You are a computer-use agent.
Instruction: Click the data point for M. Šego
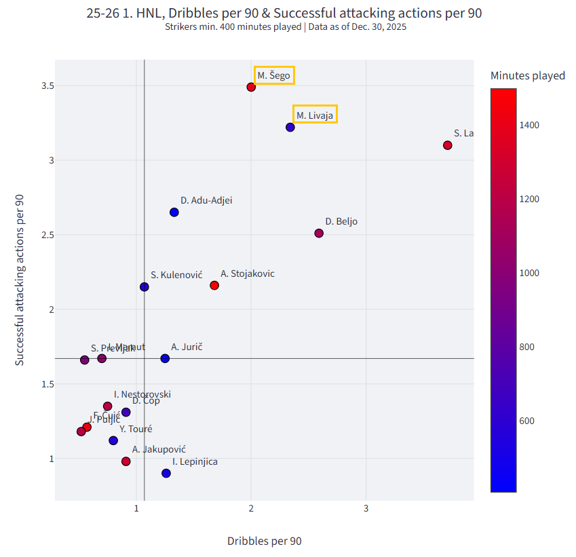coord(251,87)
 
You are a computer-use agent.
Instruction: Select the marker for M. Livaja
coord(290,127)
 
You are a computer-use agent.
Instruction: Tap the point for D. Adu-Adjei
coord(174,212)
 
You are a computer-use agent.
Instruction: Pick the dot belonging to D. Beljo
coord(319,233)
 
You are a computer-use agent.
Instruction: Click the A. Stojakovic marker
coord(214,286)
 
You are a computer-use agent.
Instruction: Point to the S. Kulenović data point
coord(145,287)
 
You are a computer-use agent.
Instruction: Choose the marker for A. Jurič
coord(165,358)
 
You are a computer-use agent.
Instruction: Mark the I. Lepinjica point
coord(166,474)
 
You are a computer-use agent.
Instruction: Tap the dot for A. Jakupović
coord(126,461)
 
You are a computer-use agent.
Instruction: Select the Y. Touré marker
coord(113,440)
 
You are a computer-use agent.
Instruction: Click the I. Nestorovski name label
coord(142,394)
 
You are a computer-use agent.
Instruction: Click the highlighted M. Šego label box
coord(274,75)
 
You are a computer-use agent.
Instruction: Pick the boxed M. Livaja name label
coord(315,115)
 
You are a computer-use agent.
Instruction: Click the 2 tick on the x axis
coord(251,508)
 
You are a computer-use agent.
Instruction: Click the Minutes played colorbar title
coord(528,75)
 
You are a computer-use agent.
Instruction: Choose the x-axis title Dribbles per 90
coord(264,541)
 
